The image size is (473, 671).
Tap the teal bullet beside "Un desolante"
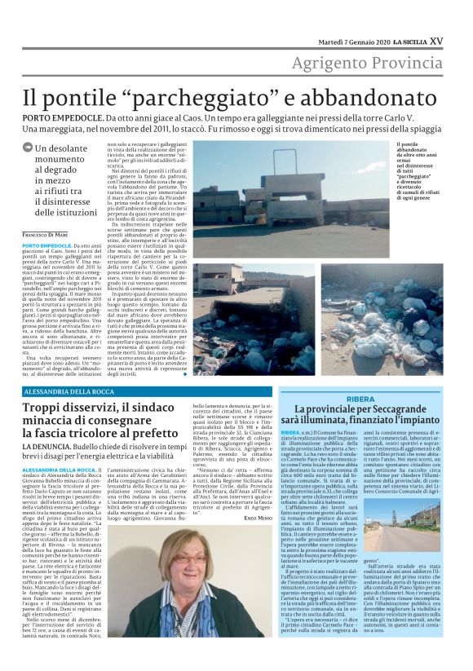point(28,149)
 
